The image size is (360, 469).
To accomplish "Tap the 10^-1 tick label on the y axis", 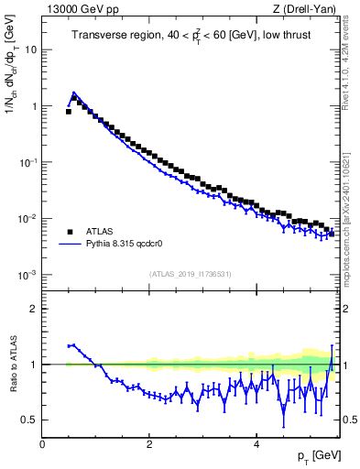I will pyautogui.click(x=28, y=162).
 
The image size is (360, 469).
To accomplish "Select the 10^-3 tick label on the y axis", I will pyautogui.click(x=28, y=275).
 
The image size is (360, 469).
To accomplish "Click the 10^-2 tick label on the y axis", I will pyautogui.click(x=28, y=219).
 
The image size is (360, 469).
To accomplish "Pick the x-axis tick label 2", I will pyautogui.click(x=149, y=444).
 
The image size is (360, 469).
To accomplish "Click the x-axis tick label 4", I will pyautogui.click(x=256, y=444).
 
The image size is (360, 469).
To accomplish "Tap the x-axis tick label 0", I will pyautogui.click(x=42, y=444).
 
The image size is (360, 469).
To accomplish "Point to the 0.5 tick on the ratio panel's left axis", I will pyautogui.click(x=31, y=420).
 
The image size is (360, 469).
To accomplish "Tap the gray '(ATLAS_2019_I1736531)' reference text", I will pyautogui.click(x=189, y=274).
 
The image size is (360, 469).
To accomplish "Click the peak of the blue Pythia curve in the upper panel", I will pyautogui.click(x=74, y=93).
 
